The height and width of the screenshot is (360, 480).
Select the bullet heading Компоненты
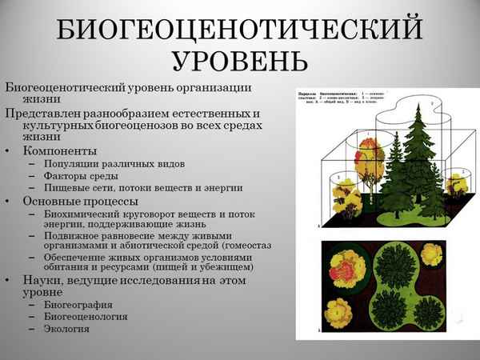coord(61,150)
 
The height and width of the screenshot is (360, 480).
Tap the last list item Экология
coord(68,328)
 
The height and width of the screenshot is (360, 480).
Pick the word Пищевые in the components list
coord(71,187)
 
